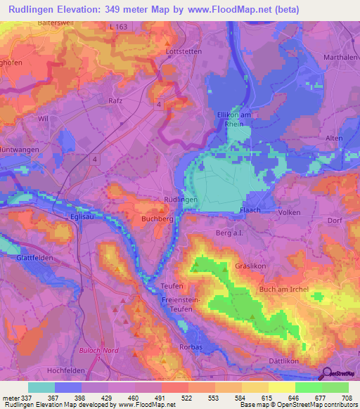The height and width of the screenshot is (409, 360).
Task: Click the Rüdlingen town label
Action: (180, 200)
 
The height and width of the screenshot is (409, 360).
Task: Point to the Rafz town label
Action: (116, 101)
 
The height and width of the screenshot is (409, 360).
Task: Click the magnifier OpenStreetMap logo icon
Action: (326, 375)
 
